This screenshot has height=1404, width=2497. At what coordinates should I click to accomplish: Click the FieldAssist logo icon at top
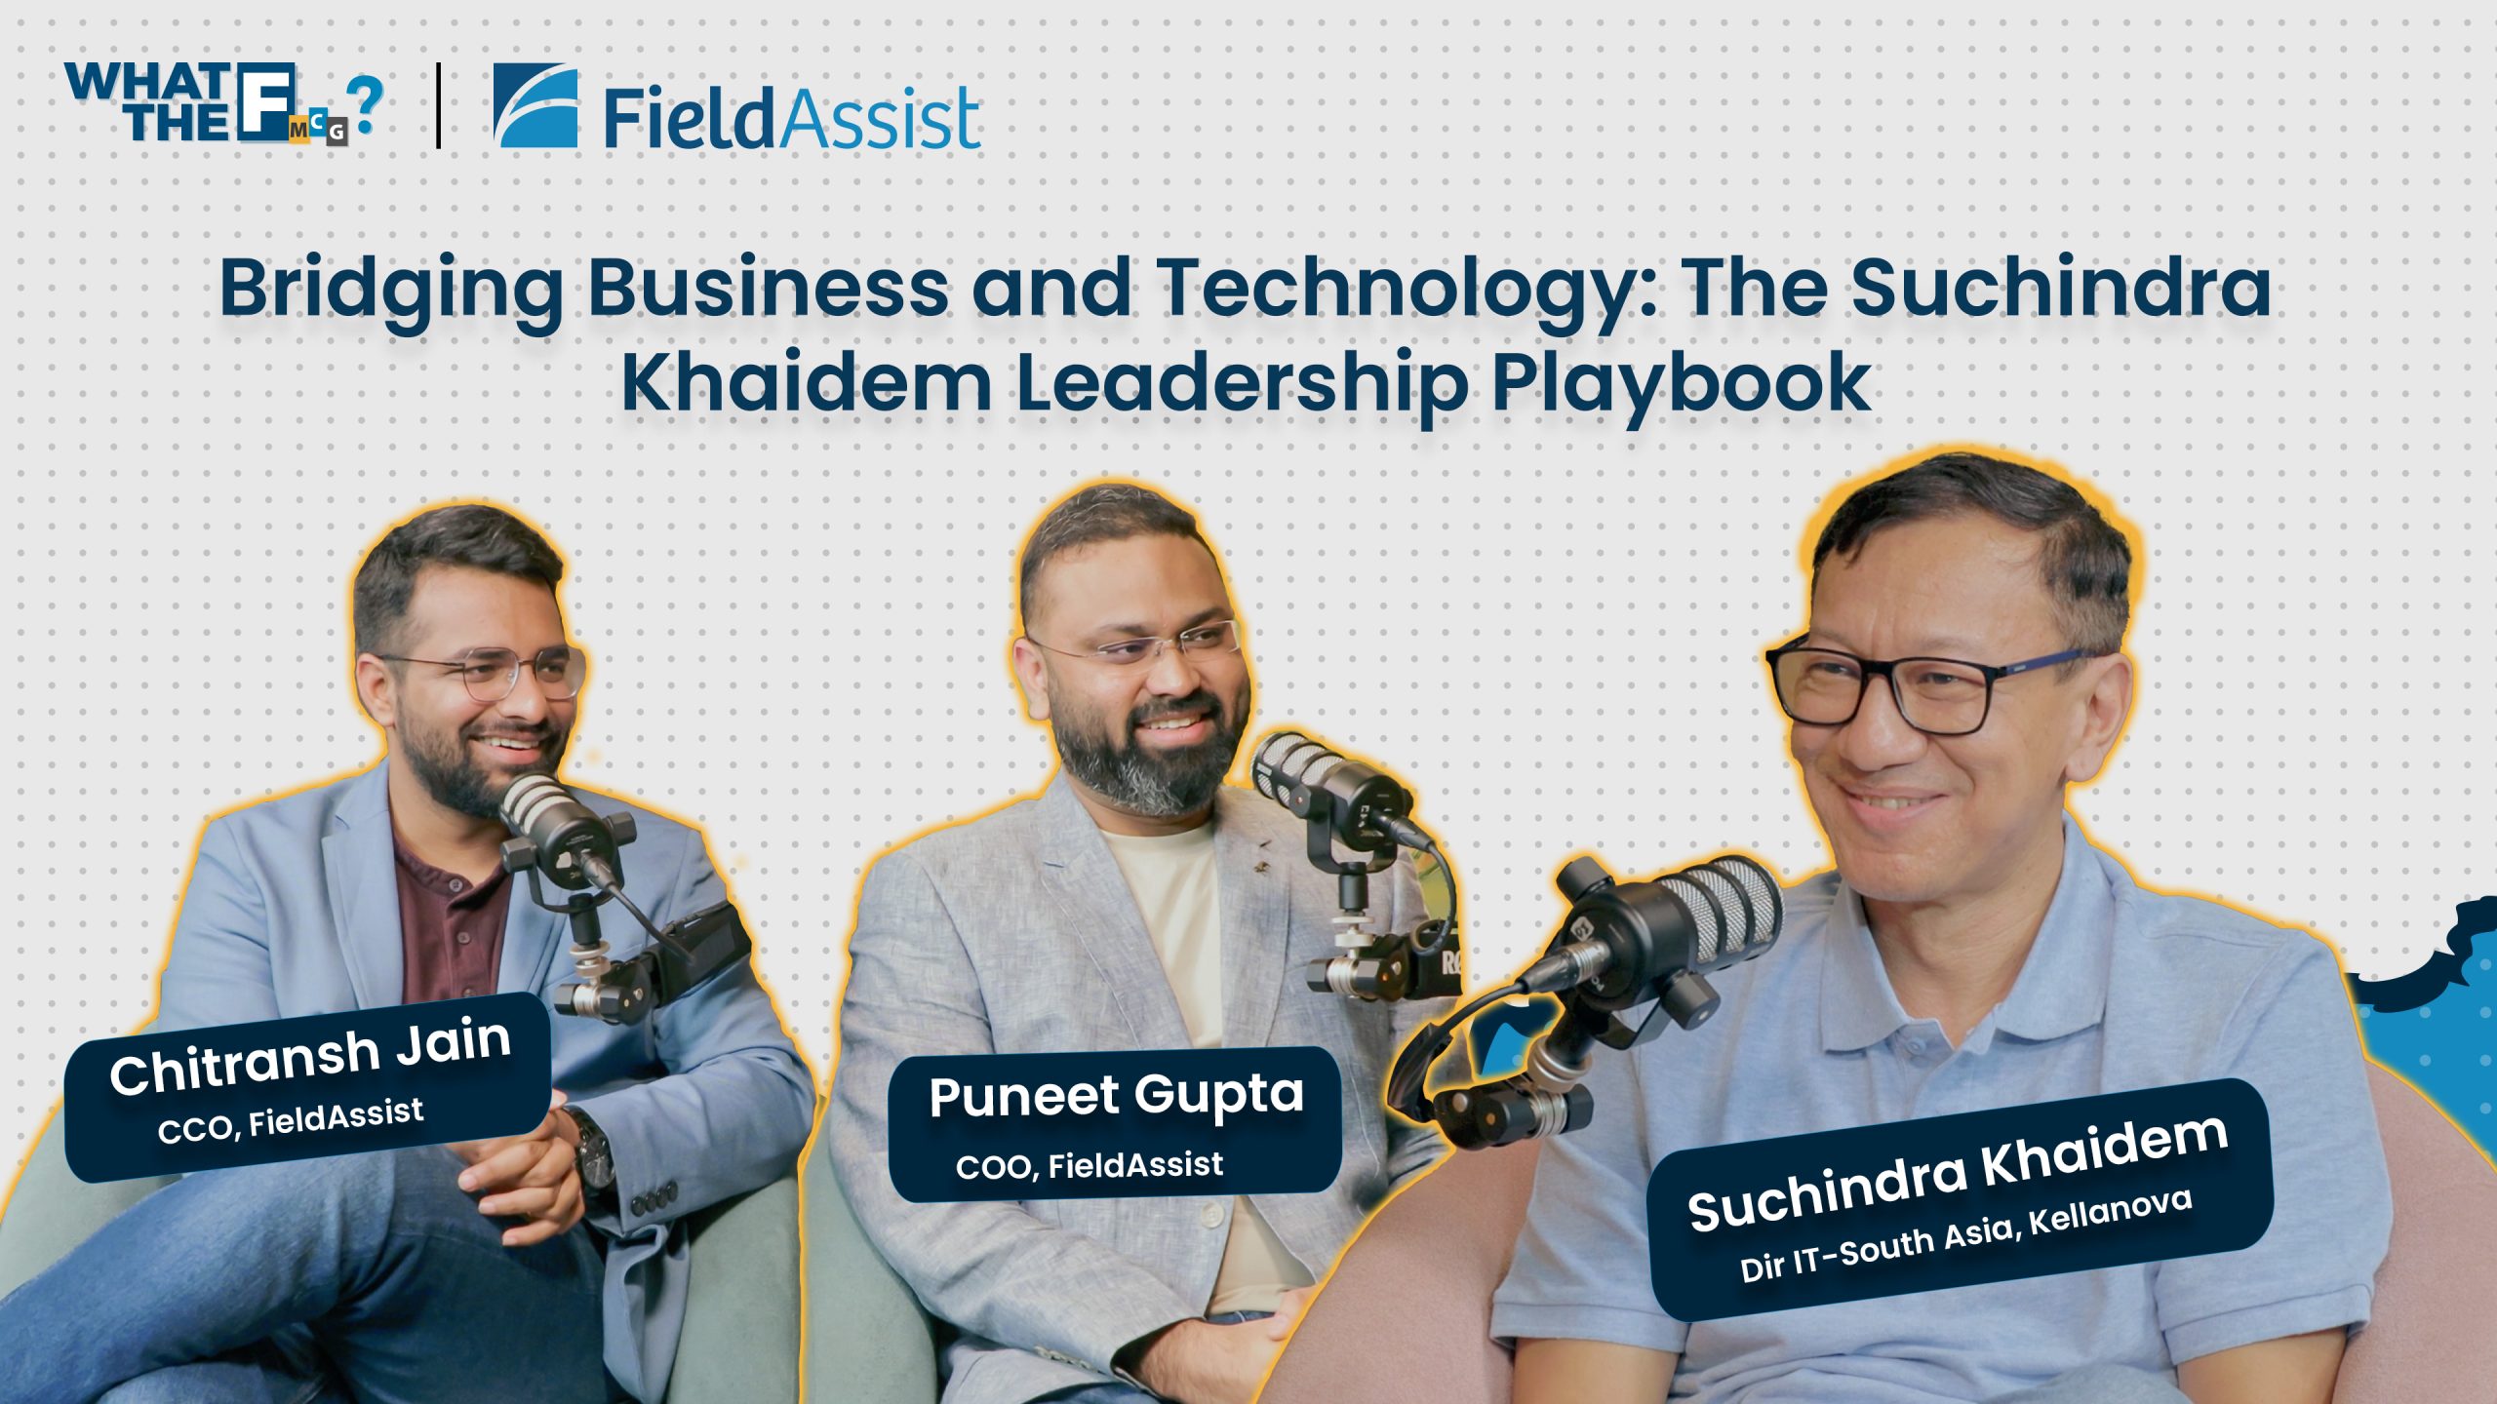coord(535,105)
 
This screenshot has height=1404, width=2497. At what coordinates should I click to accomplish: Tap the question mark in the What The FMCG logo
coord(368,104)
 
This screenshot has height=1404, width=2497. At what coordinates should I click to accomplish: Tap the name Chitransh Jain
coord(310,1057)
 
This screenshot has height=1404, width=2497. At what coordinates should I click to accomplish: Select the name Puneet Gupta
coord(1116,1096)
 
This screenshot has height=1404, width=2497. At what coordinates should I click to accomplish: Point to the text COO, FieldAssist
coord(1090,1165)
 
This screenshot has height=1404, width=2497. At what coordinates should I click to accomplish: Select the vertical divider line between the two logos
coord(438,105)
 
